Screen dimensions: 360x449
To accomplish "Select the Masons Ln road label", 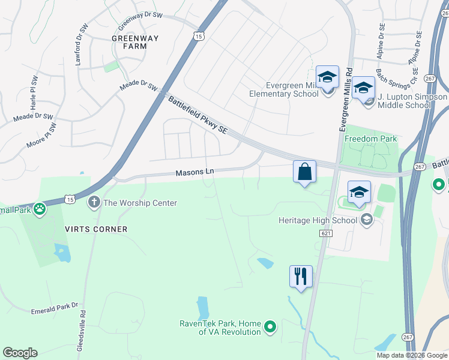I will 194,172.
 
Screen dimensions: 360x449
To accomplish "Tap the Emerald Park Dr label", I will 55,308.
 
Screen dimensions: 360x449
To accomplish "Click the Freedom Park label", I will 370,139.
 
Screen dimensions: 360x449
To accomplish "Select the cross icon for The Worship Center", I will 94,202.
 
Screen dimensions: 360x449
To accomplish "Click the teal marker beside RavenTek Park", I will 271,327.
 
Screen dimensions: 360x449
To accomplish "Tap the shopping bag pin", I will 305,172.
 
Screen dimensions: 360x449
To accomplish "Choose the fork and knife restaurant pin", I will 301,277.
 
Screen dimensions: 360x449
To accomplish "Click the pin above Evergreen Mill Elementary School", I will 327,77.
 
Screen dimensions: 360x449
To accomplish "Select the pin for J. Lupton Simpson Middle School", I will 363,88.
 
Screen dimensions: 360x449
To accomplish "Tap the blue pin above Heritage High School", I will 358,192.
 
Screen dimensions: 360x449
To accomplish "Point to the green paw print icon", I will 40,209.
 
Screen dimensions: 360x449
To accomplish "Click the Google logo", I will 20,353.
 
